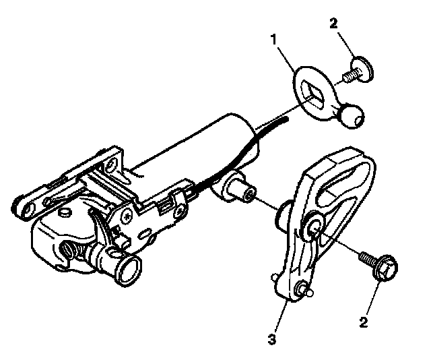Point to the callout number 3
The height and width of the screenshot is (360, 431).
(x=271, y=340)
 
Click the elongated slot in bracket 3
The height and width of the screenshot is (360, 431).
(x=340, y=183)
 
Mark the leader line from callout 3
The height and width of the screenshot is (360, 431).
(x=281, y=317)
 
